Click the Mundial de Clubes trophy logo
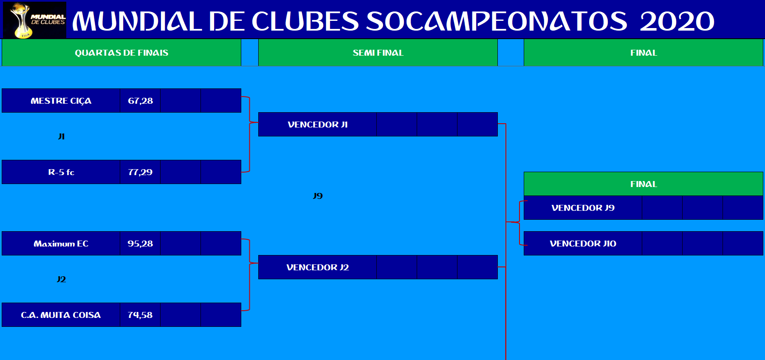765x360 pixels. tap(35, 20)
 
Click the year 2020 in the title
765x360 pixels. tap(677, 21)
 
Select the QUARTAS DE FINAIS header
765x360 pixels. tap(121, 53)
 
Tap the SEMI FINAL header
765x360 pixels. tap(378, 53)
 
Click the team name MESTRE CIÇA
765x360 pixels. tap(61, 101)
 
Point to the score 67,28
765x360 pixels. tap(140, 101)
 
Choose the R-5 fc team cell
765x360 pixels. tap(61, 172)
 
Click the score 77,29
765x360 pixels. tap(140, 172)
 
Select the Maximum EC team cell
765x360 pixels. tap(61, 244)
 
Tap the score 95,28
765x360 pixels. tap(140, 244)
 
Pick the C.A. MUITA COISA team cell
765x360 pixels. tap(61, 315)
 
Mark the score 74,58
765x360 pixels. tap(140, 315)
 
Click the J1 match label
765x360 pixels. tap(61, 136)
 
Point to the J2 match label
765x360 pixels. tap(61, 279)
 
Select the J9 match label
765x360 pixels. tap(318, 196)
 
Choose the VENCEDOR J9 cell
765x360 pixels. tap(583, 208)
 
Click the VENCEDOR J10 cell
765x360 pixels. tap(583, 244)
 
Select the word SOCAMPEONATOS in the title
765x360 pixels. tap(497, 21)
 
